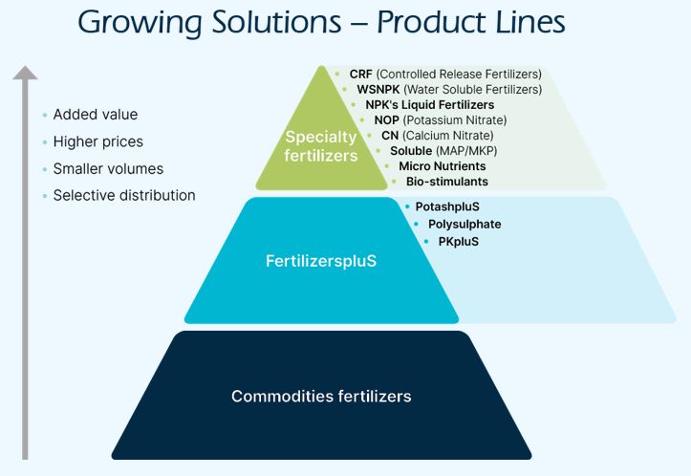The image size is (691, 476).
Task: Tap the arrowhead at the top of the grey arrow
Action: (x=26, y=72)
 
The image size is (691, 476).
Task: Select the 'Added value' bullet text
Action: (x=96, y=115)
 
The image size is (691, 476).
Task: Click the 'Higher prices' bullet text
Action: (x=97, y=141)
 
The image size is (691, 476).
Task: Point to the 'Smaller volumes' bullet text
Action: (x=108, y=168)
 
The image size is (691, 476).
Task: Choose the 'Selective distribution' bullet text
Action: (x=124, y=195)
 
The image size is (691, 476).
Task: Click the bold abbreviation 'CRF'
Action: (x=360, y=75)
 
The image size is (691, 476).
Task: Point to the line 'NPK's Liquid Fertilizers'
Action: (x=429, y=105)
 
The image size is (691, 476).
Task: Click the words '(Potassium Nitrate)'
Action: (x=455, y=120)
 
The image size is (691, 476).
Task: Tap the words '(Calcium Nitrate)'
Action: (x=456, y=136)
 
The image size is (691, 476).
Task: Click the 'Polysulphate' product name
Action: (x=464, y=225)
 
